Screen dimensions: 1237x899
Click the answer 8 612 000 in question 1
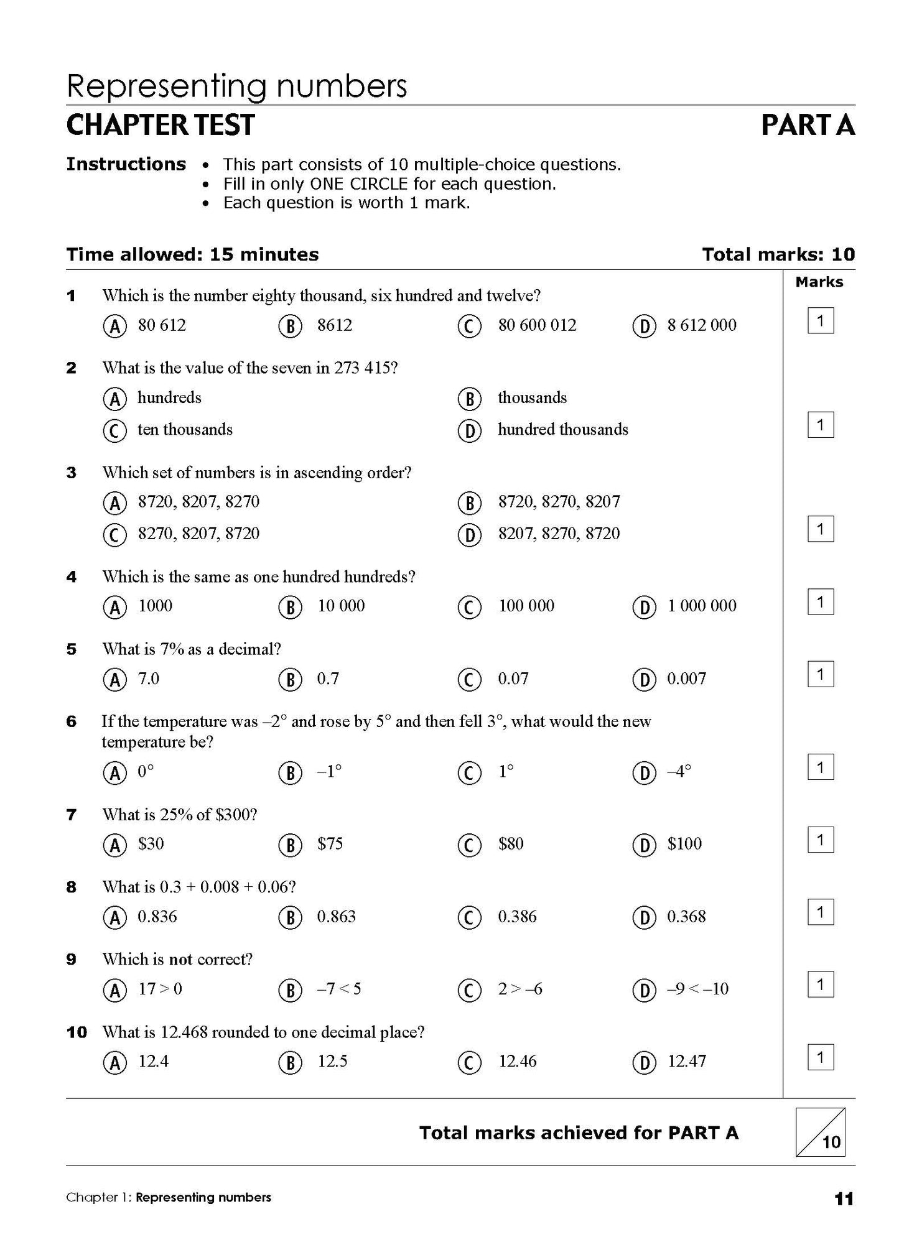pyautogui.click(x=701, y=325)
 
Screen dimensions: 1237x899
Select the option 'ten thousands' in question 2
pyautogui.click(x=185, y=430)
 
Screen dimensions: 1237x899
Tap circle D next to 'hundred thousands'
pyautogui.click(x=470, y=431)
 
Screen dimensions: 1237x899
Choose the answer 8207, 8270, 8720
pyautogui.click(x=559, y=534)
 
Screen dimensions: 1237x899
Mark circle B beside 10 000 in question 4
pyautogui.click(x=290, y=607)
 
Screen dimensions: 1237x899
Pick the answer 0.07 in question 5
pyautogui.click(x=513, y=679)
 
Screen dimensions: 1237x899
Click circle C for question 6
pyautogui.click(x=470, y=772)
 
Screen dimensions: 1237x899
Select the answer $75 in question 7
pyautogui.click(x=330, y=844)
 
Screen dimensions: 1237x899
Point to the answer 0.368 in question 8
pyautogui.click(x=686, y=917)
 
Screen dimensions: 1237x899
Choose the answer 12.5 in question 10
pyautogui.click(x=332, y=1062)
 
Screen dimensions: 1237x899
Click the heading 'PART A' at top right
pyautogui.click(x=808, y=126)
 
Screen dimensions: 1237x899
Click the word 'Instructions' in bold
pyautogui.click(x=126, y=164)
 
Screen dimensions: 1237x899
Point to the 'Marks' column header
pyautogui.click(x=819, y=282)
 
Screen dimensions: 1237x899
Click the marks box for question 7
pyautogui.click(x=820, y=840)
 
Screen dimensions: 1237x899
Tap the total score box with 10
pyautogui.click(x=820, y=1133)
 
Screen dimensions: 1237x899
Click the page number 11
pyautogui.click(x=844, y=1198)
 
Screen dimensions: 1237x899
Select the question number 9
pyautogui.click(x=72, y=960)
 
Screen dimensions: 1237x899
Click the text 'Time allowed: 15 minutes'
pyautogui.click(x=192, y=254)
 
